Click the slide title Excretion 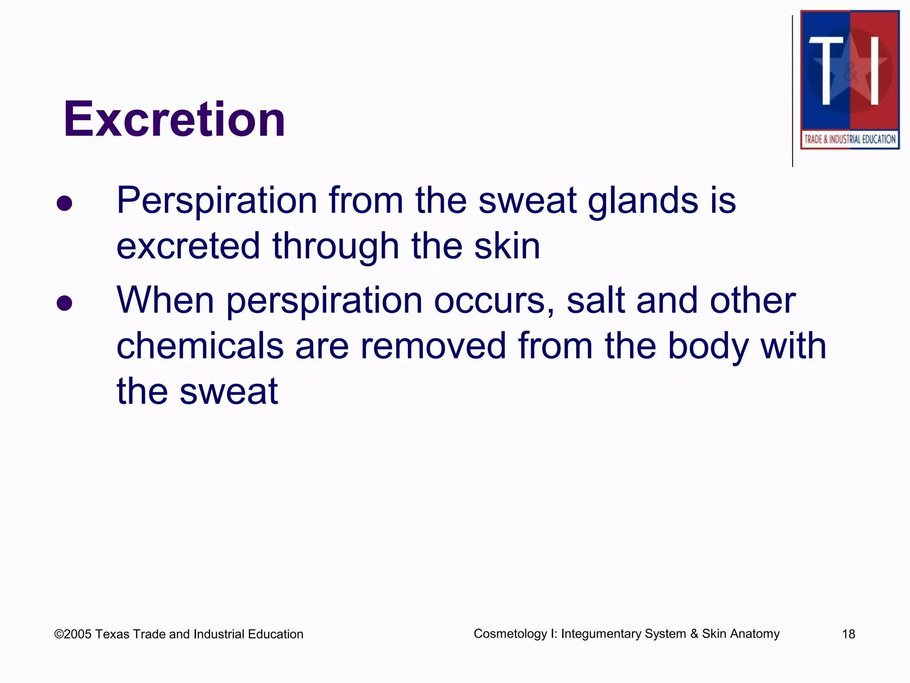click(174, 119)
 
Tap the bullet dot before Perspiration click(64, 203)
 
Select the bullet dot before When click(64, 303)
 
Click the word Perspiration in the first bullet click(217, 201)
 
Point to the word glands click(643, 201)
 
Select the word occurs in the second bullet click(494, 301)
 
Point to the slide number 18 click(848, 634)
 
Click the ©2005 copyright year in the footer click(73, 634)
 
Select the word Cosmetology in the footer click(510, 634)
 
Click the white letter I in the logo click(874, 70)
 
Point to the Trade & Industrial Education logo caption click(850, 139)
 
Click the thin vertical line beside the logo click(793, 91)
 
